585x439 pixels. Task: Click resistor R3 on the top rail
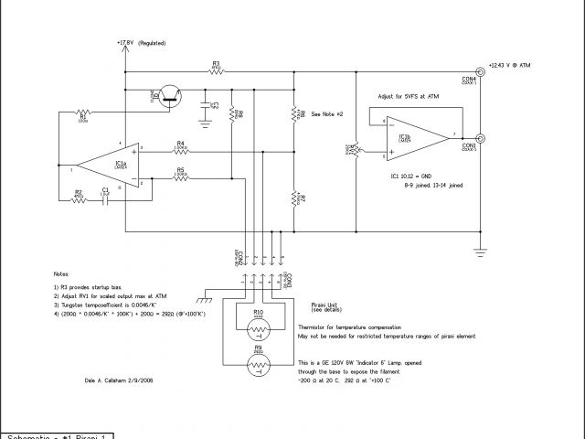pyautogui.click(x=216, y=70)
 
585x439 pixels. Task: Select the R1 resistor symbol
pyautogui.click(x=82, y=112)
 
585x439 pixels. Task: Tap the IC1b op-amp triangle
pyautogui.click(x=408, y=135)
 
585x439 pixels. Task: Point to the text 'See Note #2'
pyautogui.click(x=327, y=114)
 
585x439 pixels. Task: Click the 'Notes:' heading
pyautogui.click(x=61, y=273)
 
